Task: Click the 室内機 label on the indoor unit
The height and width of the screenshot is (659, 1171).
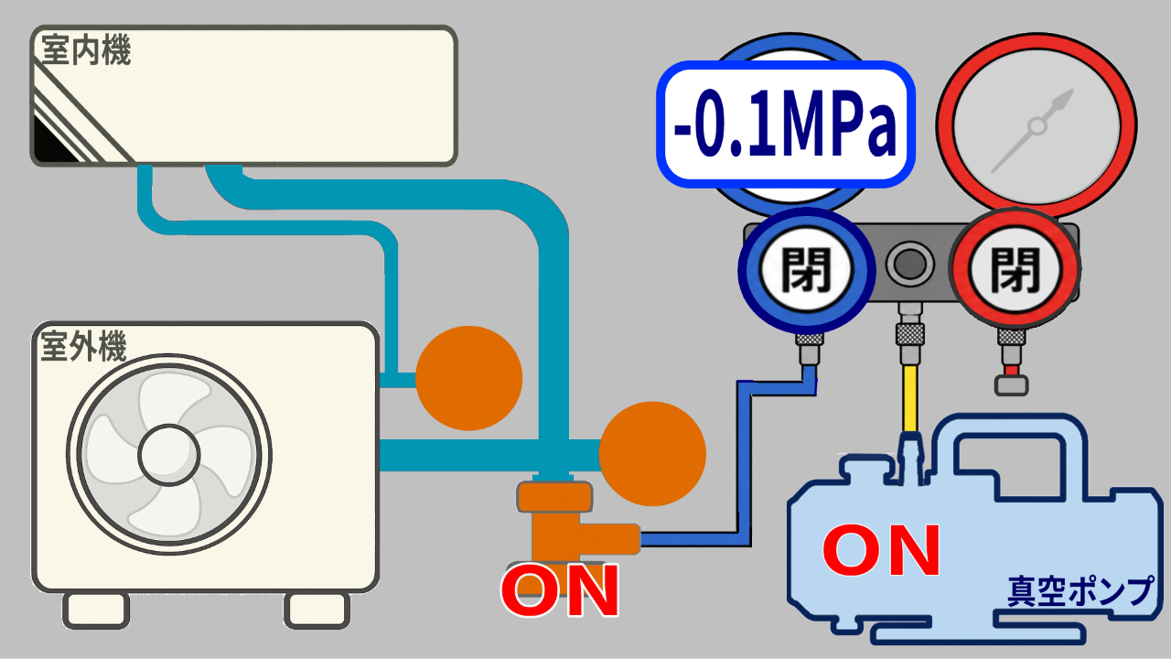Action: [86, 50]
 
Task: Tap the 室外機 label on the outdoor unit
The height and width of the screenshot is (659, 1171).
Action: [83, 346]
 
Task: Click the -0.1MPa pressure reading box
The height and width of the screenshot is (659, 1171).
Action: [786, 124]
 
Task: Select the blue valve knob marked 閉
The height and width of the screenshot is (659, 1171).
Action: [806, 270]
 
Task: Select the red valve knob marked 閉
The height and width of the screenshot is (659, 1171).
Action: [1015, 269]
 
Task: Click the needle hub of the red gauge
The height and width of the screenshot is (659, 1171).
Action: [1037, 126]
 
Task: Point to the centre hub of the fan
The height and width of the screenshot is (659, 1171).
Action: [169, 455]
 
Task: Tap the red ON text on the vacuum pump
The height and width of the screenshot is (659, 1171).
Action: [881, 551]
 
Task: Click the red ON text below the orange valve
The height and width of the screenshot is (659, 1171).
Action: [560, 589]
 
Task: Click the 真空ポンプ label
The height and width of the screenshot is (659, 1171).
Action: [1080, 591]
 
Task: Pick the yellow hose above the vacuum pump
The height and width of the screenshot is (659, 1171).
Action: [910, 398]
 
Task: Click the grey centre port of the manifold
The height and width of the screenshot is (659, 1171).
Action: [909, 264]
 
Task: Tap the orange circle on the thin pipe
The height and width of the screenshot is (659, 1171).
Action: [469, 378]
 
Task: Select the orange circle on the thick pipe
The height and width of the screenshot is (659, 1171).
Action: [652, 453]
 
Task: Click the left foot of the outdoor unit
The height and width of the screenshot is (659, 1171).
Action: [97, 610]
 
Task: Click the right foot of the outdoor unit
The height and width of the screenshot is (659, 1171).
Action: [317, 610]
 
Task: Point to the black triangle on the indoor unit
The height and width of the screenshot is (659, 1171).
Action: [52, 141]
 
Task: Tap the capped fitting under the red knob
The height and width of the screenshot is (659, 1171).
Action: [1011, 385]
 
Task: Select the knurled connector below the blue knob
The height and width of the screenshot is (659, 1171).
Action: [809, 339]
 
